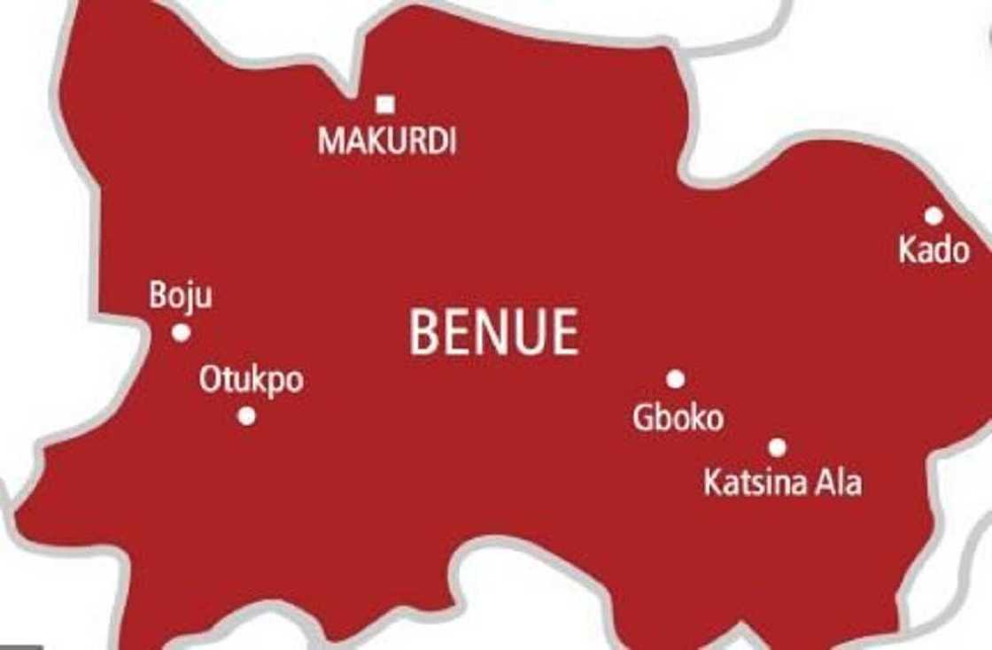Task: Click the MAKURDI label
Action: [x=387, y=142]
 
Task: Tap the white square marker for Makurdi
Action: [x=385, y=104]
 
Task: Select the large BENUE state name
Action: [x=494, y=333]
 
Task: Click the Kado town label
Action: [x=934, y=250]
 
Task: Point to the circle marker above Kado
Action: [x=934, y=215]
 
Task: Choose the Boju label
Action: [x=181, y=296]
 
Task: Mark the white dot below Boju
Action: [x=182, y=333]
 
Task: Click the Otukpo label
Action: [x=251, y=380]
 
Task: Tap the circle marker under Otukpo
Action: [x=247, y=415]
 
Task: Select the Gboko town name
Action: [x=678, y=418]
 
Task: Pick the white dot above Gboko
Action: [x=676, y=379]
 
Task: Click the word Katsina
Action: [x=755, y=484]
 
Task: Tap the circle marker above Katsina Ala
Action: [x=778, y=448]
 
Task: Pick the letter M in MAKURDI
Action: [x=329, y=142]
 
